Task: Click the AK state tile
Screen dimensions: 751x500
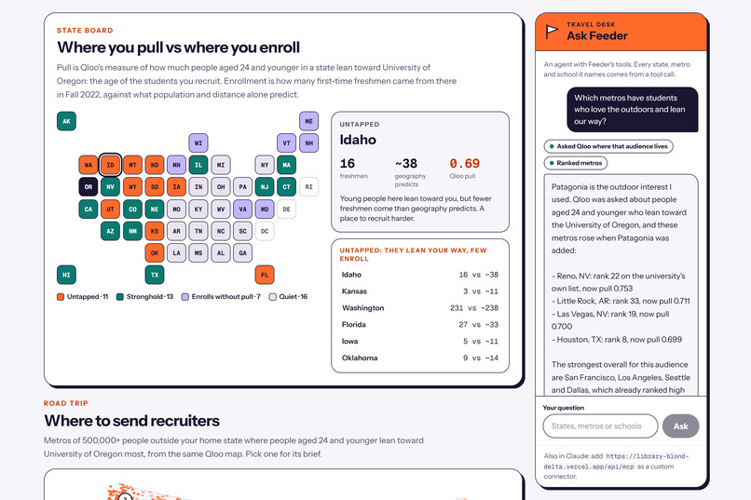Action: (x=66, y=121)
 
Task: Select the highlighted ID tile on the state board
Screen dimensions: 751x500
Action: (x=110, y=165)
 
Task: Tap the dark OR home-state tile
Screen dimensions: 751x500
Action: (x=89, y=187)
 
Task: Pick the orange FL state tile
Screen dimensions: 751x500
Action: (x=265, y=275)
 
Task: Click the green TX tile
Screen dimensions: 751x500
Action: (x=155, y=275)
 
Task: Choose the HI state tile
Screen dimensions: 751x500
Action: (x=66, y=275)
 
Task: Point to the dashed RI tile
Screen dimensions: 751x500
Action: (x=309, y=187)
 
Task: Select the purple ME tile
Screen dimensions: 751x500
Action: (x=309, y=121)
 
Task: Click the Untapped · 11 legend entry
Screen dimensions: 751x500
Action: (x=82, y=297)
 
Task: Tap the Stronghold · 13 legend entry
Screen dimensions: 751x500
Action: (x=145, y=297)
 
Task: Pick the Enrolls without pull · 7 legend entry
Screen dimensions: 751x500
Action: (x=221, y=297)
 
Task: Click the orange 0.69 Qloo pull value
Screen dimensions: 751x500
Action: (x=464, y=164)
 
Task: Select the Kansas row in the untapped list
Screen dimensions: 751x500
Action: (x=419, y=291)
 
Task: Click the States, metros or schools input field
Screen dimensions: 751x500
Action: (x=600, y=426)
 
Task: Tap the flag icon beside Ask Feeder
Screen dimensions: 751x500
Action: (x=552, y=32)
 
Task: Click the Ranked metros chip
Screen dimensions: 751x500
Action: (x=576, y=163)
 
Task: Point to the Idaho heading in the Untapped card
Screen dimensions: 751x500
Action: (x=358, y=140)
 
